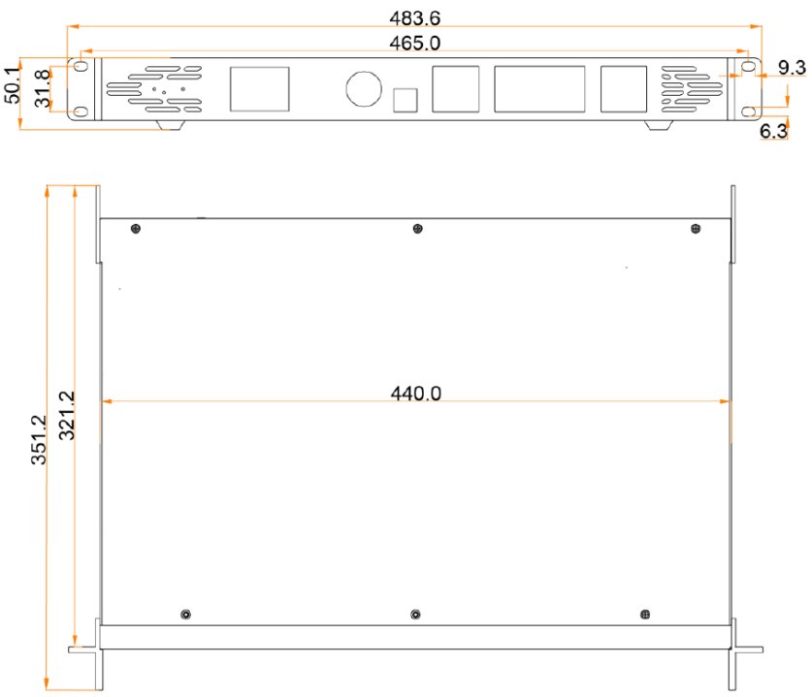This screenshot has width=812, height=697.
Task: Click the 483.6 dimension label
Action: tap(415, 18)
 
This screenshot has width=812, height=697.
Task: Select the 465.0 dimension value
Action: tap(415, 43)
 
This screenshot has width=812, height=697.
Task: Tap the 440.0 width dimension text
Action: tap(416, 394)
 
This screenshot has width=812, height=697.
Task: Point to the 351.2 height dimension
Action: tap(39, 439)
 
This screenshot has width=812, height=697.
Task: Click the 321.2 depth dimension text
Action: tap(66, 416)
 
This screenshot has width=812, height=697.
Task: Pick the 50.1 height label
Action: tap(12, 84)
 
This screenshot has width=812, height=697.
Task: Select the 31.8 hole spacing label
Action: tap(43, 88)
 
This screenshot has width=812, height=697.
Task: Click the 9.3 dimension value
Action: tap(792, 67)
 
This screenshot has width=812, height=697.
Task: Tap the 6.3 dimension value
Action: tap(773, 131)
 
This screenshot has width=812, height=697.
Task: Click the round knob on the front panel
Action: tap(364, 88)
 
